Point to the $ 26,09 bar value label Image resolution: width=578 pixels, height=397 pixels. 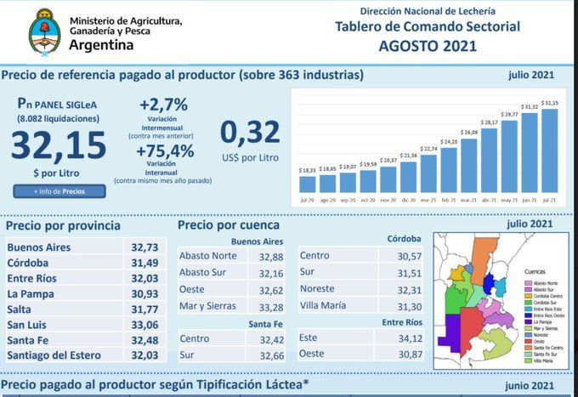[x=468, y=133]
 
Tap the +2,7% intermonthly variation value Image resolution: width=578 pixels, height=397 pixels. [x=162, y=105]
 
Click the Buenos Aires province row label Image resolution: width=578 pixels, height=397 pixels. [x=39, y=247]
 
